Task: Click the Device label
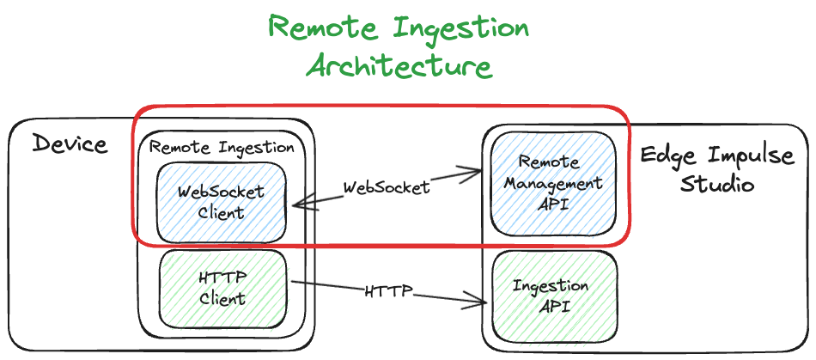(x=70, y=143)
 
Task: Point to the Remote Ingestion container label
(x=222, y=147)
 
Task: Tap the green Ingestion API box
(x=551, y=296)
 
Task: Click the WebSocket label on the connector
(x=387, y=187)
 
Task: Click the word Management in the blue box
(x=553, y=183)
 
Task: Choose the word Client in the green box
(x=222, y=299)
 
